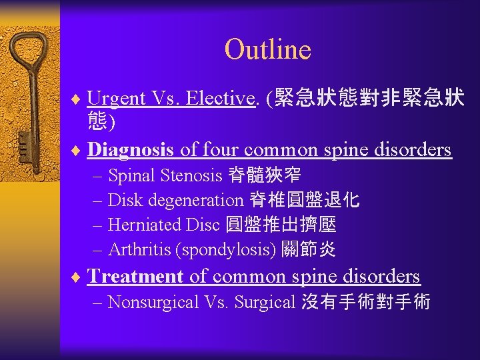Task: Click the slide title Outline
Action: pyautogui.click(x=267, y=49)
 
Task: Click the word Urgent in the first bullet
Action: pyautogui.click(x=117, y=98)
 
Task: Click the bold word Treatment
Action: pyautogui.click(x=135, y=276)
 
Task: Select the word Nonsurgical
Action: pyautogui.click(x=153, y=302)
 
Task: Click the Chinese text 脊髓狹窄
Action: pyautogui.click(x=264, y=176)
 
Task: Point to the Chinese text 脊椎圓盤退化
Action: pyautogui.click(x=304, y=200)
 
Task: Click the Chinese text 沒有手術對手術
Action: pyautogui.click(x=365, y=302)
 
